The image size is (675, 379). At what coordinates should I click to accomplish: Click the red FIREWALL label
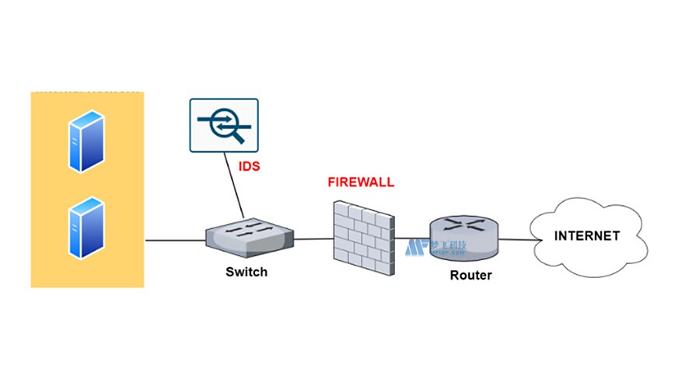coord(361,183)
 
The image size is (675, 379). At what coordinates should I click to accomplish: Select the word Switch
coord(246,272)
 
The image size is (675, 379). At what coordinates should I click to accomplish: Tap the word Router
coord(470,275)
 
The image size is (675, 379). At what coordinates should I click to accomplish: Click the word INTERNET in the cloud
coord(587,235)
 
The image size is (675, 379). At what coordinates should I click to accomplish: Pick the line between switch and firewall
coord(313,238)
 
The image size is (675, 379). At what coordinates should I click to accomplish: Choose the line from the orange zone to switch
coord(174,240)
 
